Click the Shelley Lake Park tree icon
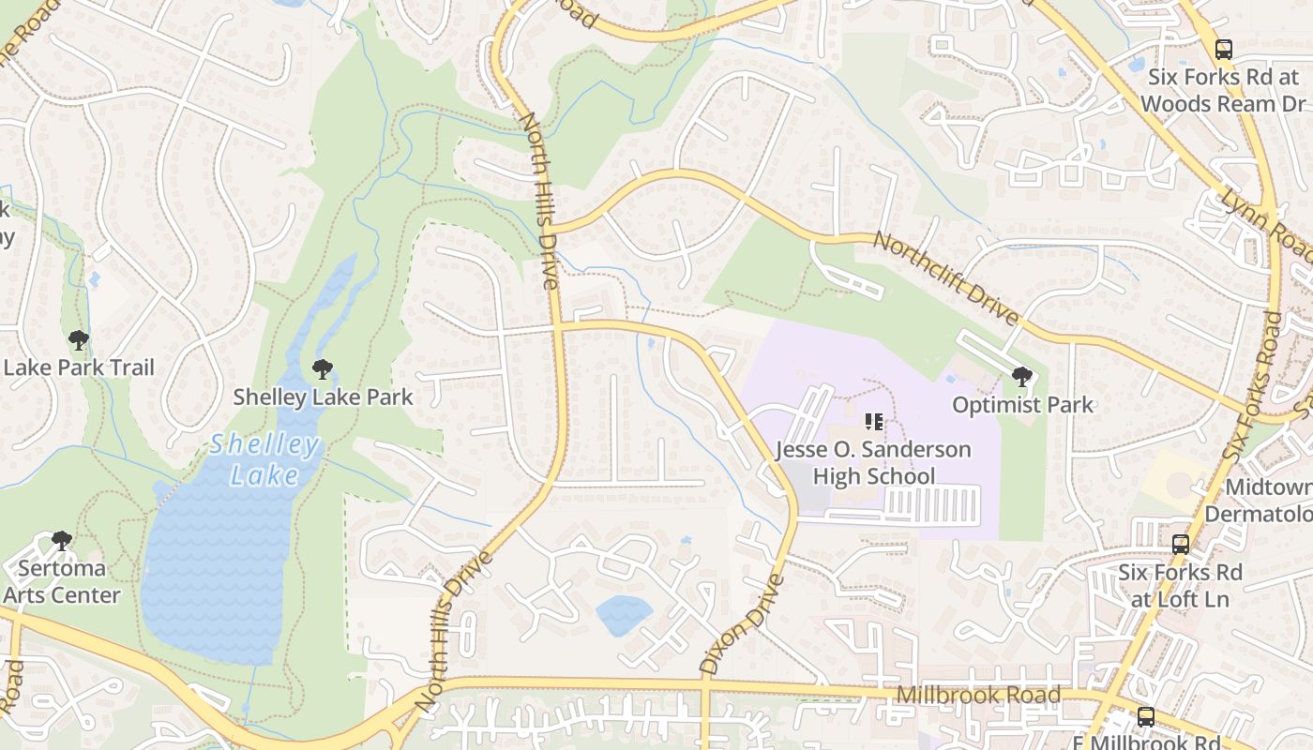point(323,369)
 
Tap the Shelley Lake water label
point(264,459)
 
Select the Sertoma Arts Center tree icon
point(62,541)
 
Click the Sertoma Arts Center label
point(62,581)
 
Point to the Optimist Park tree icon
point(1022,378)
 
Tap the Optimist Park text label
point(1022,405)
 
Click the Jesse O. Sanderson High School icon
point(874,422)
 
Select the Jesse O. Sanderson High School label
point(873,462)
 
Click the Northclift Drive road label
point(945,279)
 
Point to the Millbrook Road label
point(978,695)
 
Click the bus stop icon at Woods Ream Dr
point(1223,50)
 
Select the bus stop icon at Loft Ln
point(1181,544)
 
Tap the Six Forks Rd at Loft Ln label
point(1180,585)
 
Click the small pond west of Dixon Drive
point(624,614)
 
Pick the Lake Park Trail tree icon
point(79,340)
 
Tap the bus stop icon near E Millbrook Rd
point(1146,717)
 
